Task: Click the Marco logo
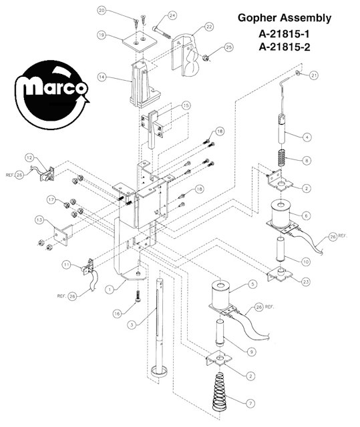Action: click(x=52, y=95)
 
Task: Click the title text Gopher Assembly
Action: click(x=285, y=19)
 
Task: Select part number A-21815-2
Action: click(x=285, y=47)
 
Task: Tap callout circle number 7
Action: click(x=250, y=404)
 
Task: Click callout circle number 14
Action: click(x=102, y=77)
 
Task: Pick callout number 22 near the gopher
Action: click(x=209, y=27)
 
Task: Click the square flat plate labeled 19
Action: click(x=140, y=41)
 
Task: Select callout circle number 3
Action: click(x=132, y=325)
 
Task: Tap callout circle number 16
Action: click(x=117, y=314)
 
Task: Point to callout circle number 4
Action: click(x=307, y=137)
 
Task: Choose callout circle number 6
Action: click(x=306, y=216)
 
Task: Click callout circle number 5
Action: click(x=252, y=284)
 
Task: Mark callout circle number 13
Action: click(x=40, y=220)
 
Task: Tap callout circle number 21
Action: click(x=314, y=75)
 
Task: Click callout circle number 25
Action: click(x=228, y=47)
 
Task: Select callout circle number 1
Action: click(x=110, y=290)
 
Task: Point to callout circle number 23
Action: click(x=306, y=282)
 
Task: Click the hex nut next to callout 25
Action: click(x=206, y=58)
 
